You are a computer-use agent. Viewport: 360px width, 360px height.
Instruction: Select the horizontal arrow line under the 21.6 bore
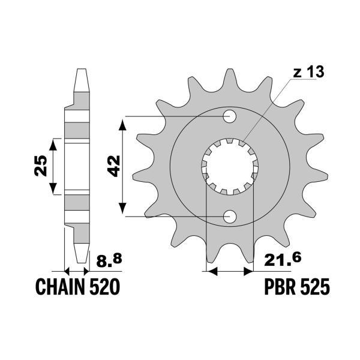coord(227,272)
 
